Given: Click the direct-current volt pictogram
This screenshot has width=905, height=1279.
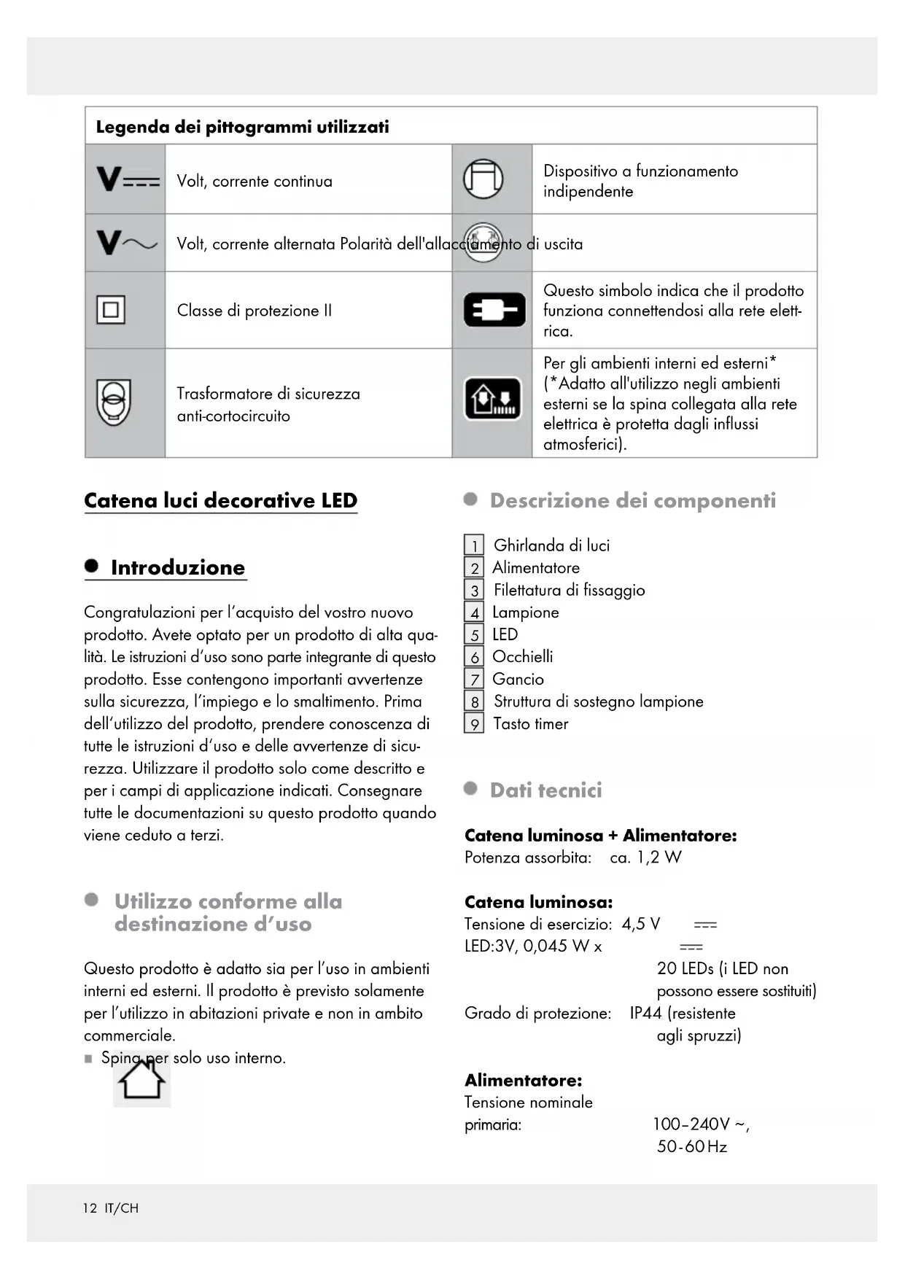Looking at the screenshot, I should point(128,179).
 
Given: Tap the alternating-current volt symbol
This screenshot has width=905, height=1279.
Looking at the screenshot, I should point(126,243).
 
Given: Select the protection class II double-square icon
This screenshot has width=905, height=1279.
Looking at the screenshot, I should point(111,310).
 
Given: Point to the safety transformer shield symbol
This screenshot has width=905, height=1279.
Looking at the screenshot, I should point(113,403).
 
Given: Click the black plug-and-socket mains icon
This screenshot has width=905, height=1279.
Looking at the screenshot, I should point(494,310).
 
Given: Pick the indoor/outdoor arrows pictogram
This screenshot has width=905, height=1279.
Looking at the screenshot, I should point(494,399).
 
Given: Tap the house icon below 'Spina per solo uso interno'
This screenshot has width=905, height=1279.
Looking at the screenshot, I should point(142,1080).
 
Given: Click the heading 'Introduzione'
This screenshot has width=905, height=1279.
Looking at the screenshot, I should point(177,567).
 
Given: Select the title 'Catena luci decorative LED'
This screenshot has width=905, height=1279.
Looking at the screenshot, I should point(220,500).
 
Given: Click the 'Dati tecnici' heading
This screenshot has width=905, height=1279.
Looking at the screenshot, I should point(545,790).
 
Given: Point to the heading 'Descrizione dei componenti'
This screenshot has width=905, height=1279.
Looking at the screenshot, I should point(632,500).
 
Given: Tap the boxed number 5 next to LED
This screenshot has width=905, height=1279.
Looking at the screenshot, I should point(474,634).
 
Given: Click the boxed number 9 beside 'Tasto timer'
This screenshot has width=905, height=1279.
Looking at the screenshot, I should point(474,724).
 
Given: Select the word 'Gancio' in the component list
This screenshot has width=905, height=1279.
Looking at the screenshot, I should point(518,679).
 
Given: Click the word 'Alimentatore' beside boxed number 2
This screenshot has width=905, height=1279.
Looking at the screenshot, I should point(536,567).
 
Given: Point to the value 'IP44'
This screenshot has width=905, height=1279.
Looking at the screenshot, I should point(645,1013).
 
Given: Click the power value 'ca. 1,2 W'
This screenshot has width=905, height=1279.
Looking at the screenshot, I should point(645,858).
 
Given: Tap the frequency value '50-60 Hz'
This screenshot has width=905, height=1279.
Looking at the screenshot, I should point(691,1146).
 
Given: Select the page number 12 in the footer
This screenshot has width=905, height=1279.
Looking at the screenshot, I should point(90,1208).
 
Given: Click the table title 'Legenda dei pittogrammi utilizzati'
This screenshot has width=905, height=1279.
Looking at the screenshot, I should point(242,127).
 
